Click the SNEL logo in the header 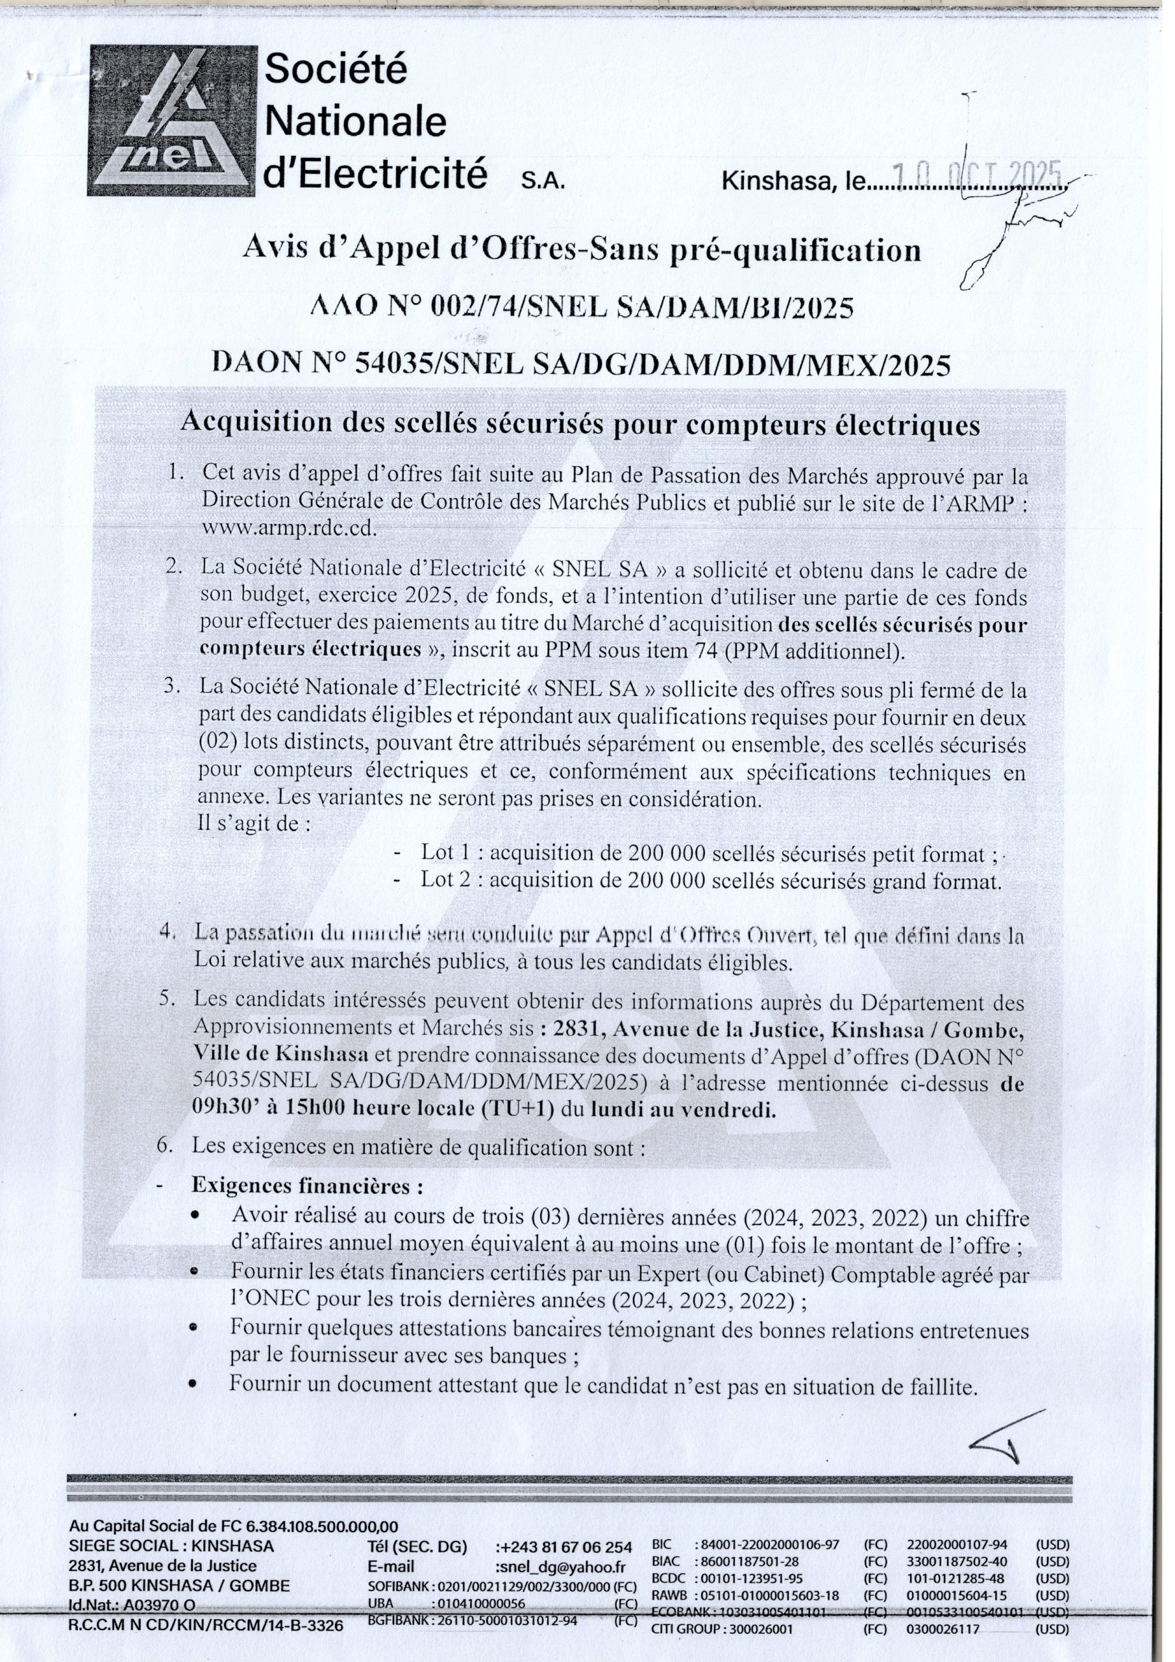(x=172, y=120)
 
